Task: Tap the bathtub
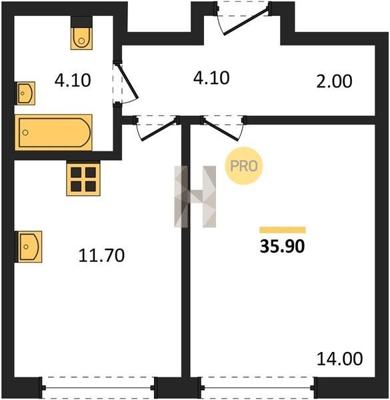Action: pos(53,133)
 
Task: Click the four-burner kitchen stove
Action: pos(83,179)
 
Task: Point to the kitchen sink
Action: pos(28,247)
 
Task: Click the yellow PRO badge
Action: pos(243,166)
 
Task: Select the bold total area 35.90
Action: pos(283,247)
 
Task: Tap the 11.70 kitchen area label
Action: pos(101,255)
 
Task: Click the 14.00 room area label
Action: pos(339,359)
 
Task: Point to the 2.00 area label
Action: pos(334,81)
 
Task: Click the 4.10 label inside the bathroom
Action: pos(73,80)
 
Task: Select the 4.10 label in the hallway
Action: pos(211,78)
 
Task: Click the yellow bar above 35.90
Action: pos(283,230)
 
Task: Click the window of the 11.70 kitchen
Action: pos(99,388)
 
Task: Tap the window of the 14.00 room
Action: pos(257,388)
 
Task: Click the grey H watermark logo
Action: pos(195,197)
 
